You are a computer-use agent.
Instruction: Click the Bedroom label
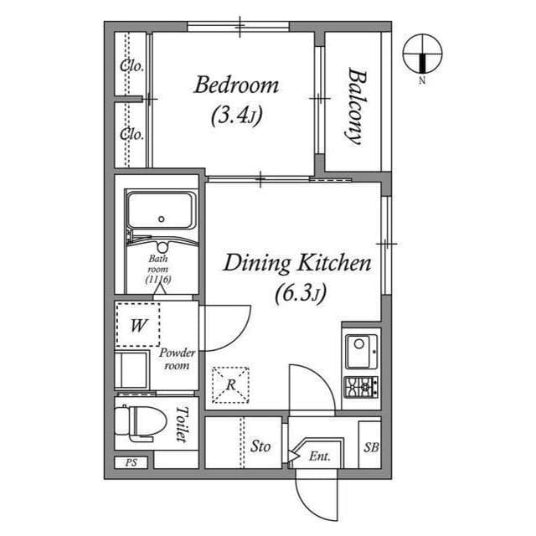coord(236,85)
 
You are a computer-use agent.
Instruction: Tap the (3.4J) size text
coord(236,115)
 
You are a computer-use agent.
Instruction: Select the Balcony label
coord(355,106)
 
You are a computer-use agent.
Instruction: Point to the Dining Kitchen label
coord(296,264)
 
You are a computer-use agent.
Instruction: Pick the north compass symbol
coord(422,55)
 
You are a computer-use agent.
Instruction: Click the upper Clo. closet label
coord(132,66)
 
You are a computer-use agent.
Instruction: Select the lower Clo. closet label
coord(132,133)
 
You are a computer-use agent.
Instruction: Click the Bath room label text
coord(158,269)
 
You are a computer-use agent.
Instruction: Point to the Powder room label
coord(177,359)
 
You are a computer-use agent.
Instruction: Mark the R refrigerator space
coord(229,385)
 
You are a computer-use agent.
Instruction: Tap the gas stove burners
coord(362,387)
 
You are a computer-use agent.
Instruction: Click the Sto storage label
coord(260,446)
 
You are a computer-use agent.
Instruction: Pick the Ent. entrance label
coord(319,456)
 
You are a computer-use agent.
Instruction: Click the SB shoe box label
coord(370,447)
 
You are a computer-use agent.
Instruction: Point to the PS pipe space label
coord(131,462)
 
